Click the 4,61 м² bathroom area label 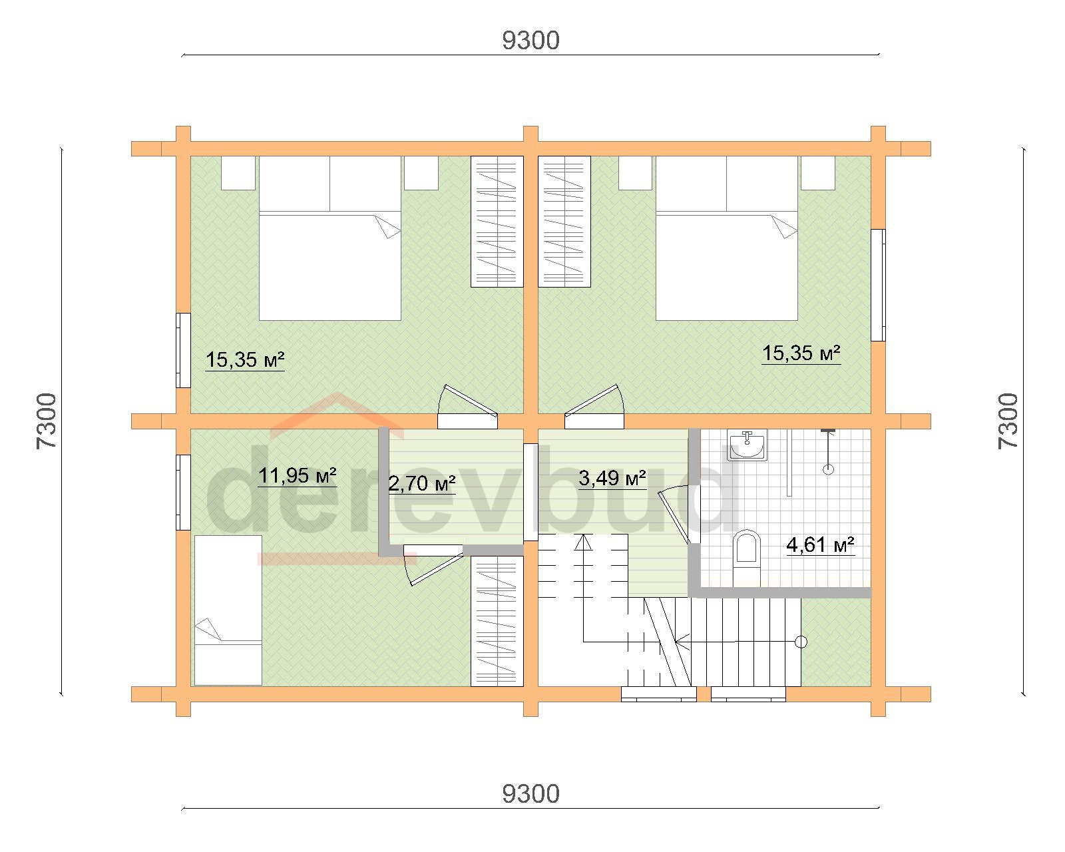click(x=820, y=545)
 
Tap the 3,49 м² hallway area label click(x=612, y=478)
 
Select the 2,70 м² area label click(x=422, y=484)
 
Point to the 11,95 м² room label click(x=298, y=476)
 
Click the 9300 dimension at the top click(x=531, y=41)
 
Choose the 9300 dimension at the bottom click(x=531, y=794)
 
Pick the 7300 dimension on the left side click(x=46, y=421)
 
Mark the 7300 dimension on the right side click(x=1008, y=421)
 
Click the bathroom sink click(x=747, y=445)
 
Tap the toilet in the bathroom click(x=746, y=558)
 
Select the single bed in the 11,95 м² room click(x=228, y=610)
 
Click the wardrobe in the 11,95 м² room click(x=497, y=621)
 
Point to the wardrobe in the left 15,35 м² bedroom click(x=497, y=222)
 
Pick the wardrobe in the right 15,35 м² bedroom click(x=564, y=222)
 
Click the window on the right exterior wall click(x=879, y=285)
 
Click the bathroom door click(x=676, y=515)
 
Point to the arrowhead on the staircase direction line click(x=584, y=542)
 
